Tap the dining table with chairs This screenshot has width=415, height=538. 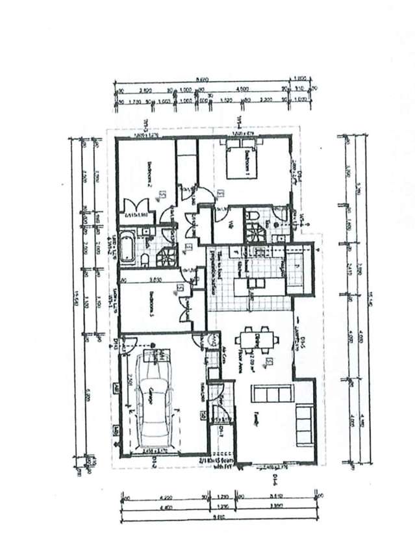click(258, 345)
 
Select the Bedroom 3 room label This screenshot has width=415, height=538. click(150, 306)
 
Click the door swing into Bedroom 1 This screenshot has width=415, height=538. click(203, 195)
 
